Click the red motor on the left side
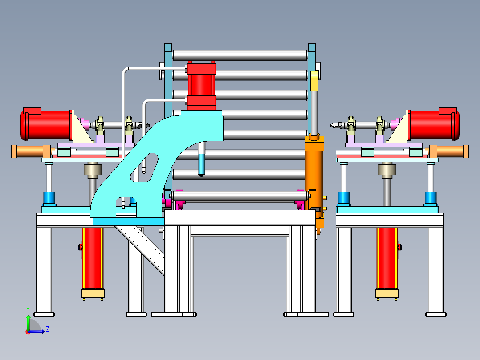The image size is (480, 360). pyautogui.click(x=46, y=124)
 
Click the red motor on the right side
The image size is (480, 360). pyautogui.click(x=434, y=124)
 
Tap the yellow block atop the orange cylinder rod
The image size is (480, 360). pyautogui.click(x=314, y=81)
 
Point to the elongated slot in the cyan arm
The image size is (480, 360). pyautogui.click(x=144, y=168)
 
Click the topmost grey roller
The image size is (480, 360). pyautogui.click(x=240, y=55)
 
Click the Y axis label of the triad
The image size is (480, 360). pyautogui.click(x=28, y=310)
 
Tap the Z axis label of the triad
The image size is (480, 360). pyautogui.click(x=48, y=329)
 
